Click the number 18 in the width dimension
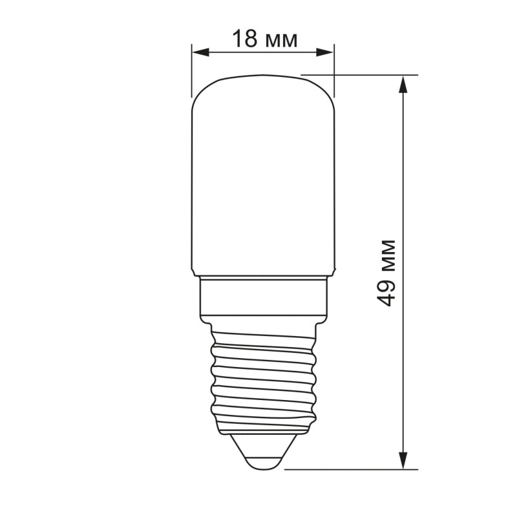pyautogui.click(x=245, y=39)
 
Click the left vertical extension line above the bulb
pyautogui.click(x=193, y=71)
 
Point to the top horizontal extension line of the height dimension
pyautogui.click(x=362, y=75)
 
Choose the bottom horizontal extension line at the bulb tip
pyautogui.click(x=349, y=469)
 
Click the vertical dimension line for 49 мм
pyautogui.click(x=404, y=194)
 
